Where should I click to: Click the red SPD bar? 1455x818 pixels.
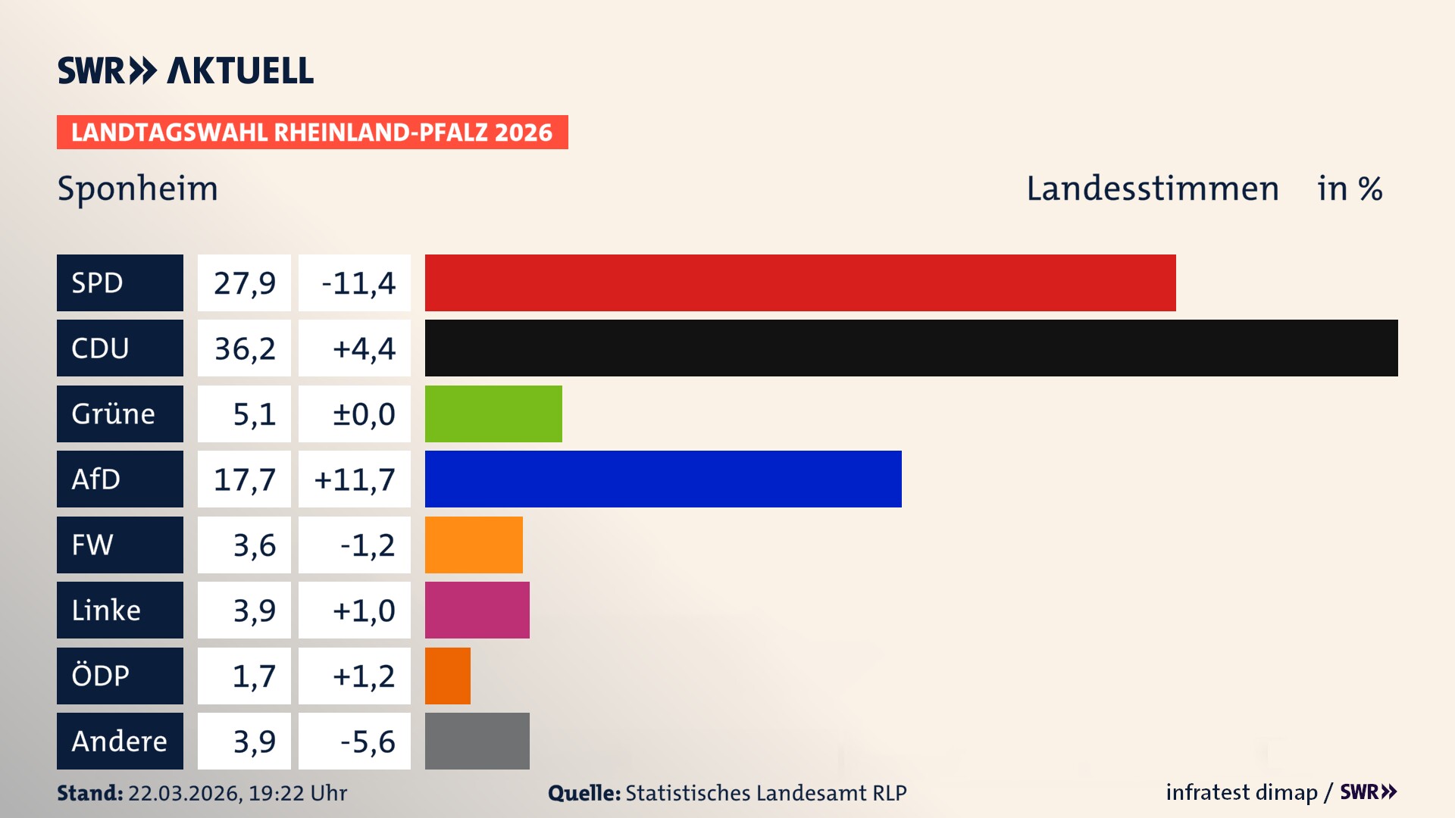[799, 283]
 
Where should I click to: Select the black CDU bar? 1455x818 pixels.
[911, 348]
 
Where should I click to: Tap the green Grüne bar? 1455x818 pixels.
[493, 414]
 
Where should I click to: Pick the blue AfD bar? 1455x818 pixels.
[663, 479]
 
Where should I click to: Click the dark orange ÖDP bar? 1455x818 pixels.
[447, 676]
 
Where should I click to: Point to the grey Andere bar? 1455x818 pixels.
[477, 741]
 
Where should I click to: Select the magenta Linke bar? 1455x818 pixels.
[477, 610]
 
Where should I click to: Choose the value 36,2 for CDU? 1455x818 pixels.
[244, 348]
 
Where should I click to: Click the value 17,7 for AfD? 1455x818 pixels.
[244, 479]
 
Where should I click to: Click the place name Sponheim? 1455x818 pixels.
[137, 188]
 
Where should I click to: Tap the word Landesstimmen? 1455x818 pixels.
[1152, 188]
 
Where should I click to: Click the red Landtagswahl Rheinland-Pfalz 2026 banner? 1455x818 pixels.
[312, 132]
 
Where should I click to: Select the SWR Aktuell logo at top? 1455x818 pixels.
[185, 70]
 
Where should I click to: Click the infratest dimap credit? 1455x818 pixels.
[1241, 792]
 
